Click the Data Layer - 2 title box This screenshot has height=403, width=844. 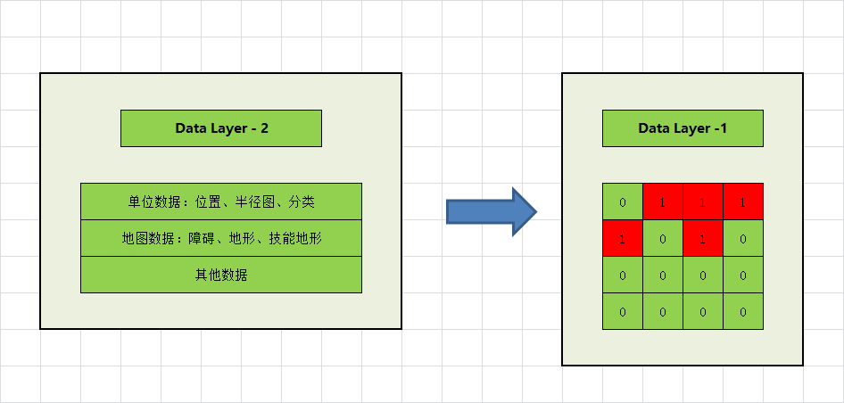point(221,128)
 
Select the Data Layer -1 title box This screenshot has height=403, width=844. point(683,128)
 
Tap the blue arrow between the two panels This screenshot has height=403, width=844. point(490,211)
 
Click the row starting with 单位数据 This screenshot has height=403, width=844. point(221,201)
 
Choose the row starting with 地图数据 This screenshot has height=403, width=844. point(221,238)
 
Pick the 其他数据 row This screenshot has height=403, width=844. point(221,275)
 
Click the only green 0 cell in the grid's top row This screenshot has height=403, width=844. point(623,201)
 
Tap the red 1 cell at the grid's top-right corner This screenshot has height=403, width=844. point(743,201)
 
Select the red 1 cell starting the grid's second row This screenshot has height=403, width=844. point(623,238)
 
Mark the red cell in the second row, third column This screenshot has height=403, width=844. point(703,238)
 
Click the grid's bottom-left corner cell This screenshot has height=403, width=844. point(623,312)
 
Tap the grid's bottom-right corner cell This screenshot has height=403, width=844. point(743,312)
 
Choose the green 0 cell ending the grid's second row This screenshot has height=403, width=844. point(743,238)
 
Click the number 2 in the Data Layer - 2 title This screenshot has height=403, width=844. point(264,128)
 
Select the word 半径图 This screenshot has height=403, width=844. point(253,201)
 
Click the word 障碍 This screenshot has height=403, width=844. point(200,238)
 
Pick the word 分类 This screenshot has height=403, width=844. point(302,201)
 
